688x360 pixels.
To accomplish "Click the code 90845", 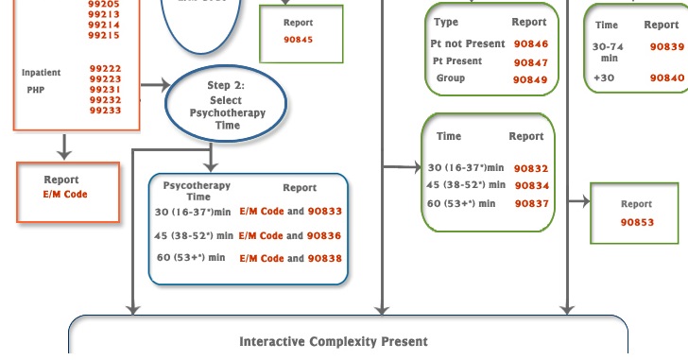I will [298, 40].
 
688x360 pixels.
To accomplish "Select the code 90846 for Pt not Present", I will [531, 44].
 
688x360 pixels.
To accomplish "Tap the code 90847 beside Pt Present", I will [531, 62].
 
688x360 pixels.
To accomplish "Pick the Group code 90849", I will [531, 80].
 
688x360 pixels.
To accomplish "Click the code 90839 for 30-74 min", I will [666, 46].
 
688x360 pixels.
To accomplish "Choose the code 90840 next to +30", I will [666, 77].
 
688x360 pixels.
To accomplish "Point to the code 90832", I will [531, 168].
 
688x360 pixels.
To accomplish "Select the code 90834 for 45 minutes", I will [531, 185].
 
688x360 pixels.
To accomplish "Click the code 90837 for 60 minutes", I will [531, 203].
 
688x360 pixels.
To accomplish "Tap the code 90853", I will [637, 222].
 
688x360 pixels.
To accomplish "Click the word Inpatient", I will [42, 73].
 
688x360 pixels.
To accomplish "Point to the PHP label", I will [36, 90].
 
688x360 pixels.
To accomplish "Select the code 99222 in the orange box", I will [105, 69].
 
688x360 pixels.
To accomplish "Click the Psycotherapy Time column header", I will [197, 191].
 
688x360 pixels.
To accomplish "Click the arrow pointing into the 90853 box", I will [578, 200].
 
